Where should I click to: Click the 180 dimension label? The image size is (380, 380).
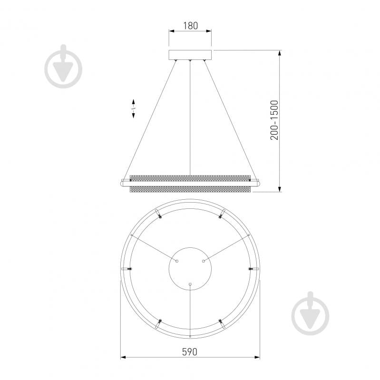[190, 26]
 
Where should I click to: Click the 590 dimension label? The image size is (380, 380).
[190, 352]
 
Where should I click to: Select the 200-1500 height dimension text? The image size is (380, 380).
[274, 120]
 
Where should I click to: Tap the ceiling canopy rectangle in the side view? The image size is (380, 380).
[190, 55]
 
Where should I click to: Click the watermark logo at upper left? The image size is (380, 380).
[63, 67]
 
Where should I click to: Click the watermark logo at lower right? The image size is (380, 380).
[311, 313]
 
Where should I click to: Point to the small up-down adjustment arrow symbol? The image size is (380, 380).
[133, 108]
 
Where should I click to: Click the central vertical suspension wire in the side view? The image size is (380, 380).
[190, 118]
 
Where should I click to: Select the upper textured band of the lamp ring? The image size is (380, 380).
[190, 178]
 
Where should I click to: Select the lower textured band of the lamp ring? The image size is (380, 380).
[190, 189]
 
